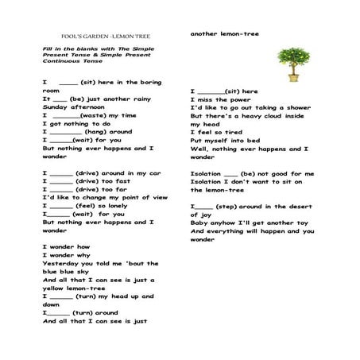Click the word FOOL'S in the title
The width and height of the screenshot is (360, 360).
(72, 37)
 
